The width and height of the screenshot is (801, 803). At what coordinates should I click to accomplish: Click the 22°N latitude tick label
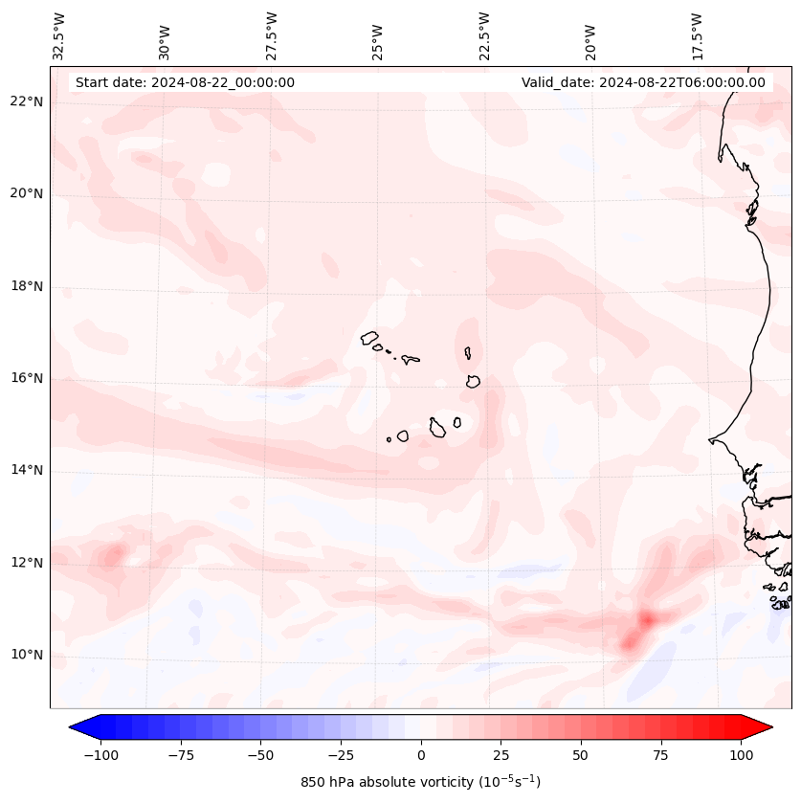27,101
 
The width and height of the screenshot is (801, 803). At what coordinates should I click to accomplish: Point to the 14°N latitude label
27,470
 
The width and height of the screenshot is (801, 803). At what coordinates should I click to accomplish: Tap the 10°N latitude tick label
27,655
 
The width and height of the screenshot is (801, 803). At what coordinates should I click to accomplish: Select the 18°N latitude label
27,286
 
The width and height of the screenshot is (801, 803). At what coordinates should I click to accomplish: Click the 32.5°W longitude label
59,35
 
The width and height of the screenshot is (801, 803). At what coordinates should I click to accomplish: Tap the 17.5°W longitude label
697,35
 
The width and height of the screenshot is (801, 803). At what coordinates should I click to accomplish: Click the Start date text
185,82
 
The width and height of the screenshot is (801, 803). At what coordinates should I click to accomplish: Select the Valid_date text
643,82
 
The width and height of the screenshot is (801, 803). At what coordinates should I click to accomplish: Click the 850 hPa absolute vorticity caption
420,782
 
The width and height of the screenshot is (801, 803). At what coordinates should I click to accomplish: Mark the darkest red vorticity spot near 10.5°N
646,619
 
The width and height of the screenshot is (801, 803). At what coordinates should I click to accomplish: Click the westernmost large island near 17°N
369,338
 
